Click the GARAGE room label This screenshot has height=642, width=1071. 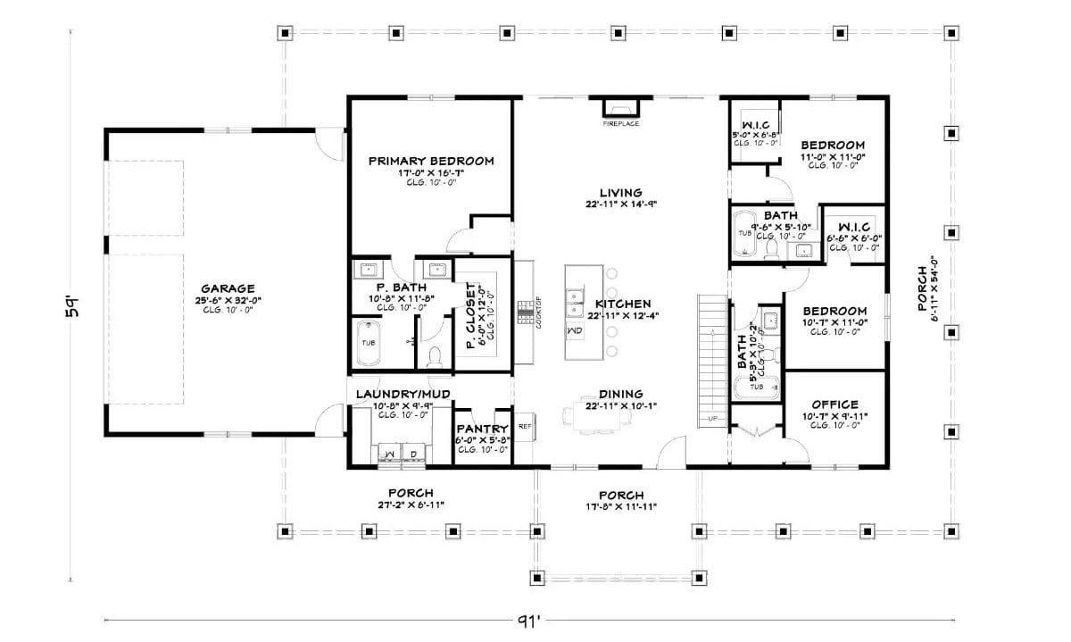pyautogui.click(x=228, y=288)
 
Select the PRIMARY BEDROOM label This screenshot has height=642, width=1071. pyautogui.click(x=431, y=162)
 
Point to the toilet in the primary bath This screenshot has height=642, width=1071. pyautogui.click(x=436, y=357)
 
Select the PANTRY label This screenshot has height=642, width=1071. pyautogui.click(x=482, y=429)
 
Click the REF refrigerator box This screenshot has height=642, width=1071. pyautogui.click(x=525, y=426)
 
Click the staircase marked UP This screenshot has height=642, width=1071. pyautogui.click(x=712, y=357)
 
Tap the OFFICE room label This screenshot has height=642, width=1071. pyautogui.click(x=835, y=404)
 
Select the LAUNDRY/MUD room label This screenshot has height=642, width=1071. pyautogui.click(x=403, y=394)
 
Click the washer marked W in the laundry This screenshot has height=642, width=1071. pyautogui.click(x=390, y=454)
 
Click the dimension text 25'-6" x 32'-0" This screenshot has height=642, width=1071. pyautogui.click(x=228, y=300)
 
